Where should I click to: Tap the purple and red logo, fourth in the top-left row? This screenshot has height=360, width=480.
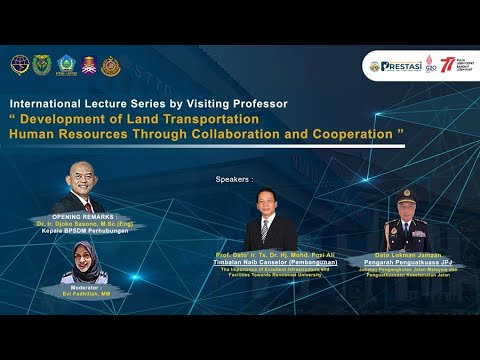pos(88,66)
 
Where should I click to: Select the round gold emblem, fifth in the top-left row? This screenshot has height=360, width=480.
pos(111,66)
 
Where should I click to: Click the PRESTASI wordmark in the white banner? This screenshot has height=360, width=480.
pos(400,67)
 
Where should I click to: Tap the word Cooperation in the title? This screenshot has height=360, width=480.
pos(339,133)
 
